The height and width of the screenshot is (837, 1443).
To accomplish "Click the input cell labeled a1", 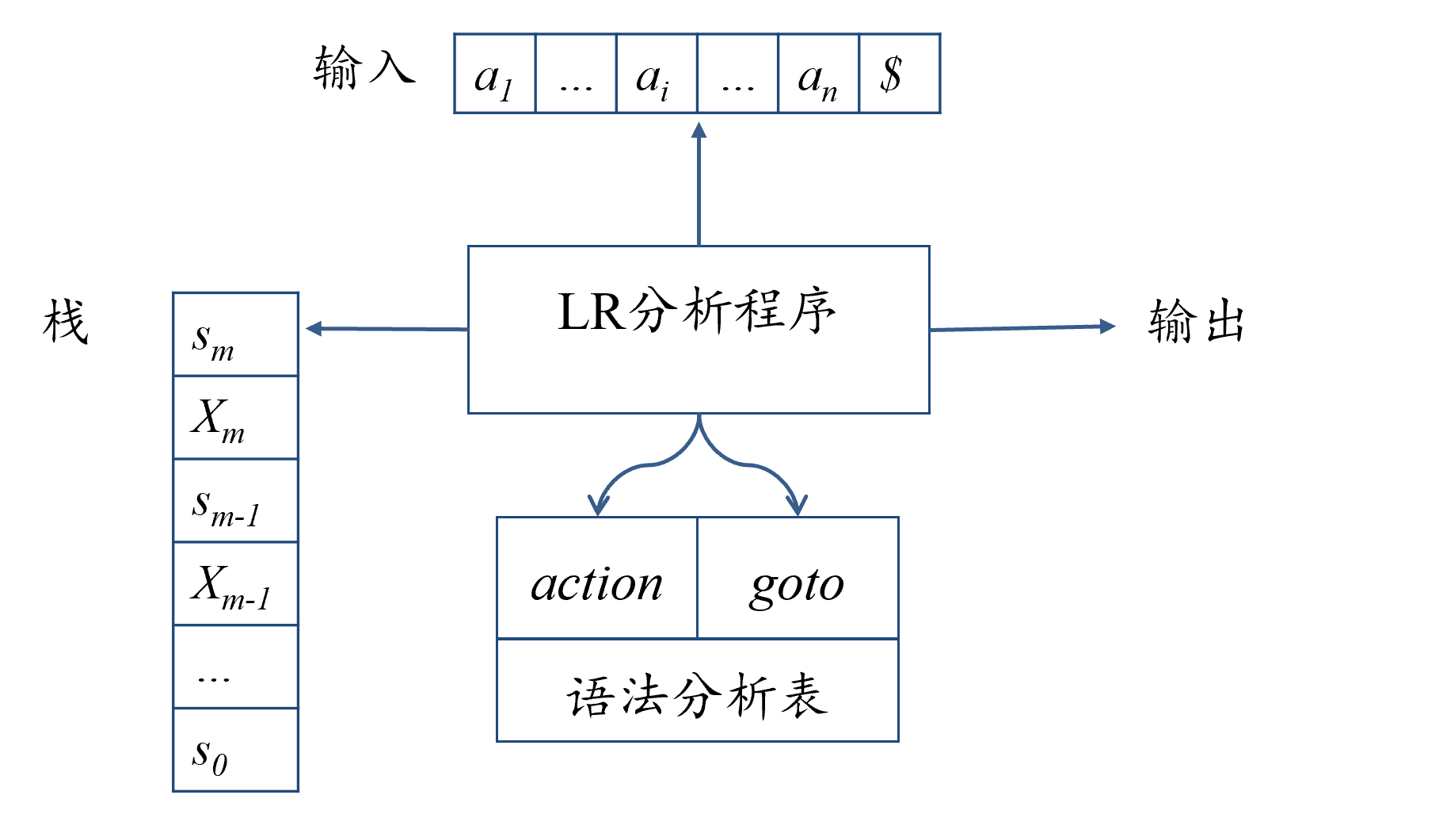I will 494,75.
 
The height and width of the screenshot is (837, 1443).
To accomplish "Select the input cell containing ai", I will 656,75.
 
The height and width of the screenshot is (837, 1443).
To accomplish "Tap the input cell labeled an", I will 818,75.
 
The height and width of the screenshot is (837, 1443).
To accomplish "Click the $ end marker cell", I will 899,75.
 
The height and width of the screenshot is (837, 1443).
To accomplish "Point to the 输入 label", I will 364,68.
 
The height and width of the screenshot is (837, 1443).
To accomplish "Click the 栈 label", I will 65,322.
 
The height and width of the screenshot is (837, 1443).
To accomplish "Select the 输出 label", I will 1196,322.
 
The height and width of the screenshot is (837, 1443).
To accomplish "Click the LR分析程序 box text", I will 697,311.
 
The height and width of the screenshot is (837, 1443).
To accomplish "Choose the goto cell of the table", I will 797,585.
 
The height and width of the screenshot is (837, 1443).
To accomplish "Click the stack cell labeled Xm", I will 235,418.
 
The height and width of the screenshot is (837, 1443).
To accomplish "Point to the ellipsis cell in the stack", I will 235,667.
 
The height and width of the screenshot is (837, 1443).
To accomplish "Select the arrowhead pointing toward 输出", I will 1108,326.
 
